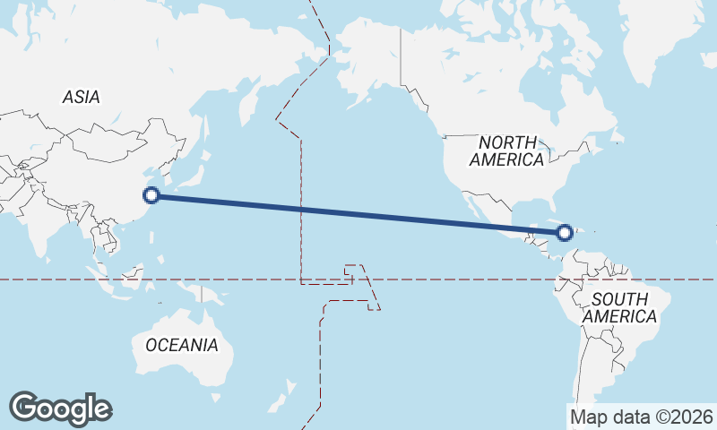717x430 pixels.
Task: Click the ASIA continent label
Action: [x=81, y=98]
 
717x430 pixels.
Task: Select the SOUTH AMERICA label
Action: [x=618, y=307]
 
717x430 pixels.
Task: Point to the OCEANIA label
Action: [x=181, y=345]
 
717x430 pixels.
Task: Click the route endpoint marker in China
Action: [x=151, y=194]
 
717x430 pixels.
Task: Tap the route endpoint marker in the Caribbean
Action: [x=564, y=233]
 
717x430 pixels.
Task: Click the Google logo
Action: [x=60, y=408]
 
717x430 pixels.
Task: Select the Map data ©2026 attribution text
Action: [x=641, y=417]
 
